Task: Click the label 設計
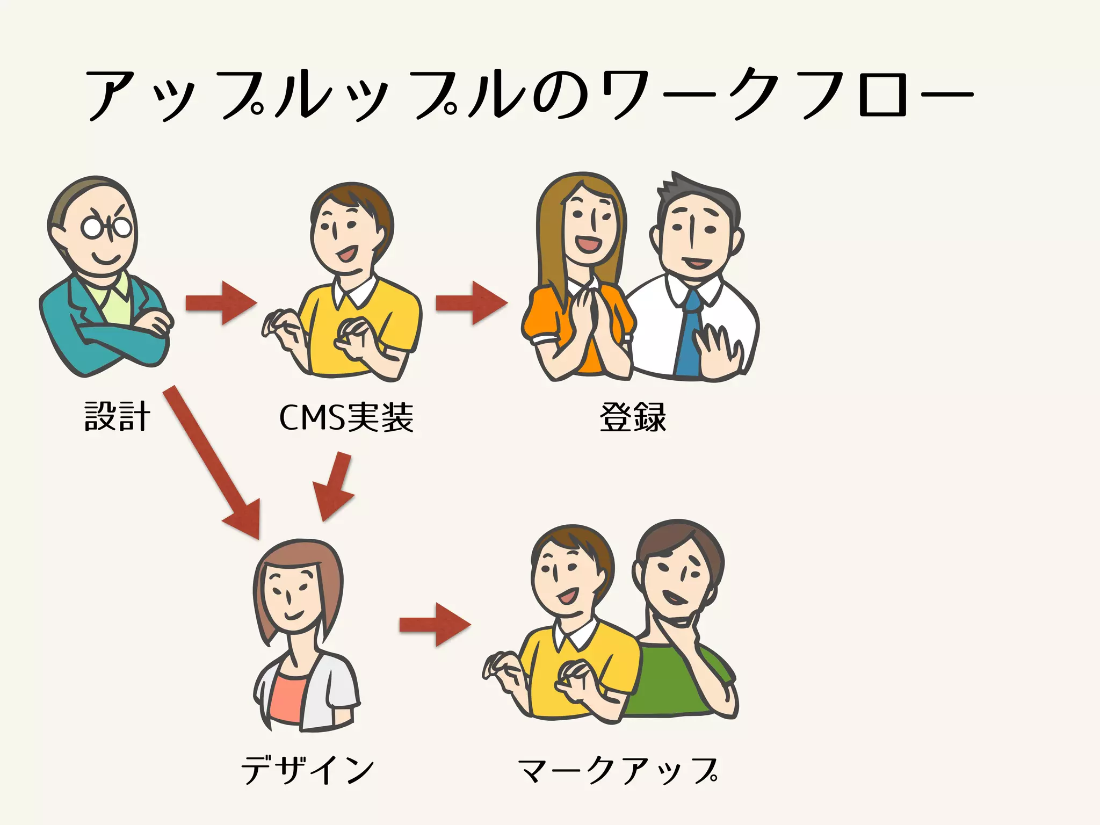pos(117,416)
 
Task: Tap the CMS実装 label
pos(346,417)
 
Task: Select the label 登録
pos(633,417)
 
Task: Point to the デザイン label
pos(307,769)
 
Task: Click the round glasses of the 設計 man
pos(106,228)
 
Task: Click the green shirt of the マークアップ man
pos(671,682)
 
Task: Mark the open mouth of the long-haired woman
pos(588,245)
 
